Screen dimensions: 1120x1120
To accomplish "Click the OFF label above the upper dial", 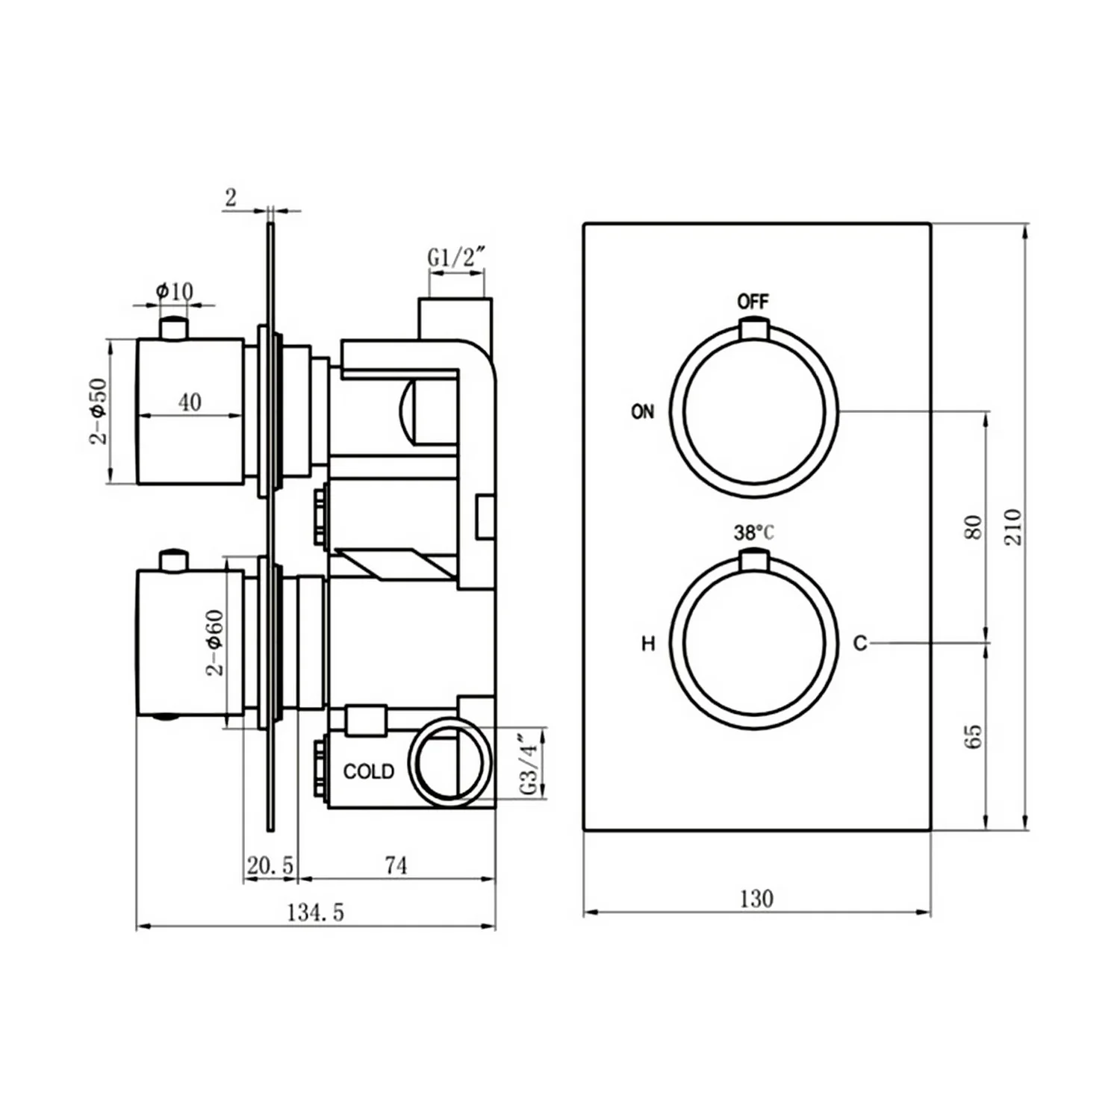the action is pyautogui.click(x=753, y=302).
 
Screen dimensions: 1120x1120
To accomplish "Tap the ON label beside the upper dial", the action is pyautogui.click(x=642, y=411).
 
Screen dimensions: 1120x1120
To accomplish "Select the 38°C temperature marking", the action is pyautogui.click(x=753, y=533).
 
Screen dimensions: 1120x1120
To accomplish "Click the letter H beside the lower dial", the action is pyautogui.click(x=648, y=644).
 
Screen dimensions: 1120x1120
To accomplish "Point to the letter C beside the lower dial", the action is pyautogui.click(x=860, y=643).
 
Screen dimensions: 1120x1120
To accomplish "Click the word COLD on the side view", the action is pyautogui.click(x=369, y=771).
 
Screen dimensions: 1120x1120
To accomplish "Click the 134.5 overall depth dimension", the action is pyautogui.click(x=316, y=912).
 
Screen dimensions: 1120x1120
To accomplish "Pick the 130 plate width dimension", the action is pyautogui.click(x=756, y=898).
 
